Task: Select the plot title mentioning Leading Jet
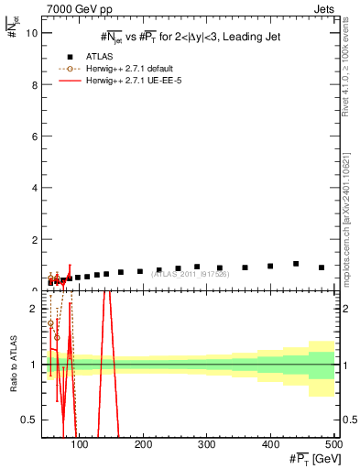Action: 191,37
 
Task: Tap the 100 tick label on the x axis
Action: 80,446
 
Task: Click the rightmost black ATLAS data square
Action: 322,267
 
